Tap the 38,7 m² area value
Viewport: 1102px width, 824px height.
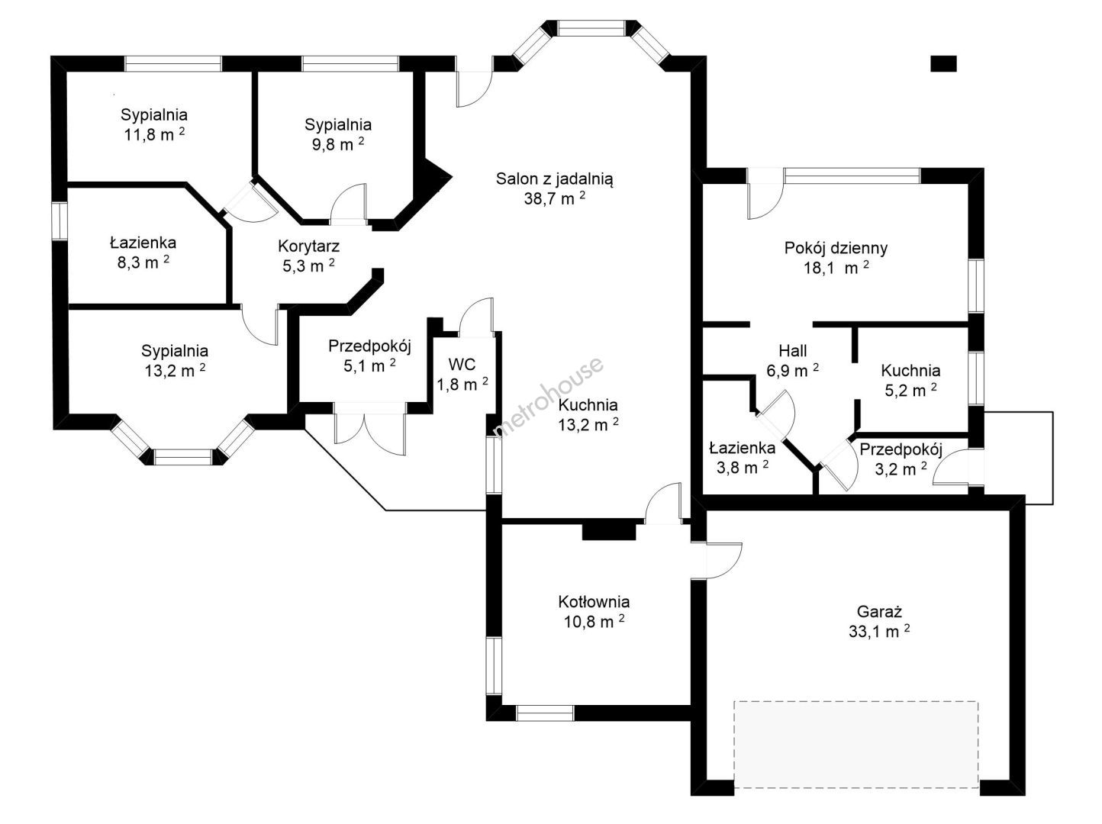click(x=554, y=198)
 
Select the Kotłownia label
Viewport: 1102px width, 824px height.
click(x=594, y=602)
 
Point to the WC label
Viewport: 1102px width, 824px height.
click(x=462, y=365)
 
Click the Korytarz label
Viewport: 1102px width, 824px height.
click(x=309, y=246)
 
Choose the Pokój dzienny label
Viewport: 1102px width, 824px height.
click(x=836, y=248)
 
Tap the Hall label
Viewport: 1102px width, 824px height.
click(x=793, y=350)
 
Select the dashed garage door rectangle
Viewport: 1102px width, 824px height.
click(x=856, y=744)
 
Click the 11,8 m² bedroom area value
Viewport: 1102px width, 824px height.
click(x=154, y=134)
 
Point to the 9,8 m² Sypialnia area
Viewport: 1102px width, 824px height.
click(x=338, y=144)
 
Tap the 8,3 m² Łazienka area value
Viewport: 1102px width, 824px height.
click(x=143, y=262)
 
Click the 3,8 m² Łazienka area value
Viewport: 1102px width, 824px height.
click(x=742, y=467)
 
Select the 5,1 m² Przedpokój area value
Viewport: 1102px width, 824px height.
click(x=369, y=365)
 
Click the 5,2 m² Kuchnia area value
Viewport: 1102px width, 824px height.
click(x=910, y=390)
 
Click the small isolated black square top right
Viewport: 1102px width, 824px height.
click(x=943, y=64)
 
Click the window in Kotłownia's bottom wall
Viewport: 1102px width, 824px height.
click(x=545, y=713)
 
